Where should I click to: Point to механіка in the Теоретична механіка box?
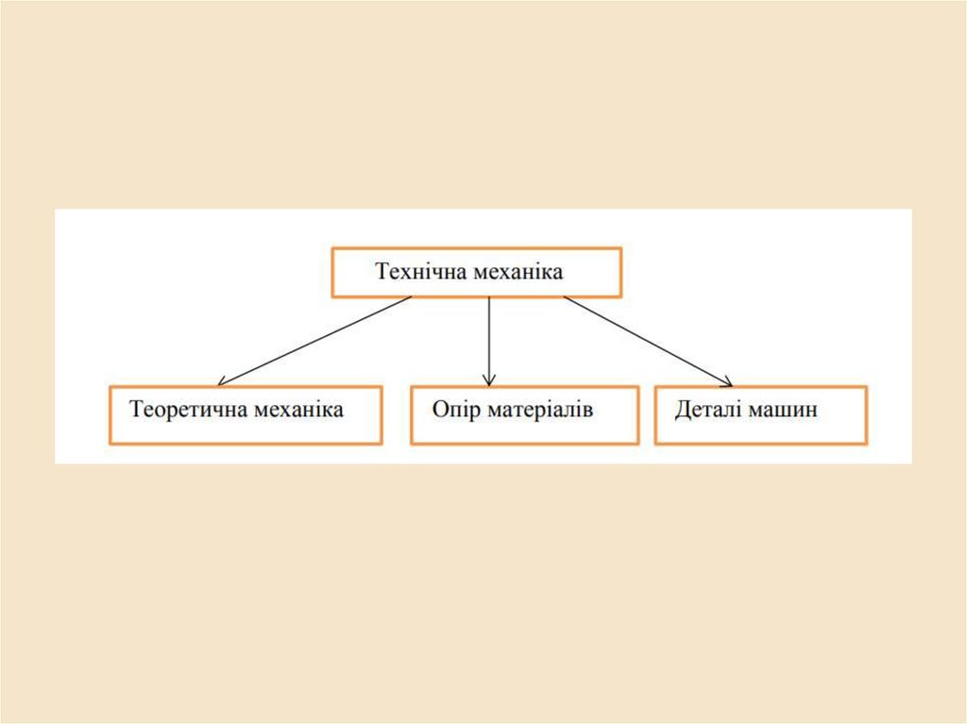coord(299,411)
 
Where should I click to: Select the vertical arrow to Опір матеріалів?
coord(489,340)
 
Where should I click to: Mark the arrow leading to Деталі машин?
coord(647,340)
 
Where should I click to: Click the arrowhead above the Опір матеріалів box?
coord(489,379)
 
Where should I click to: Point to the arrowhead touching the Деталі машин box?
coord(726,381)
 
